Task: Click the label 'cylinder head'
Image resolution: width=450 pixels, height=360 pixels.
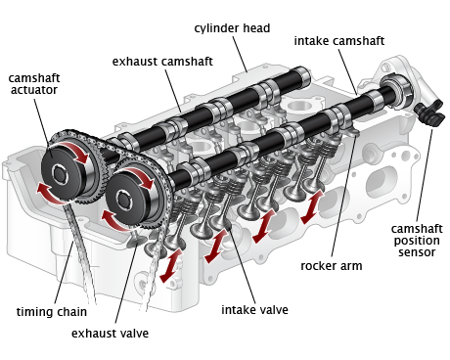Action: (x=232, y=28)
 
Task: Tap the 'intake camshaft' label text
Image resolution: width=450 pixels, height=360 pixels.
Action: (x=339, y=41)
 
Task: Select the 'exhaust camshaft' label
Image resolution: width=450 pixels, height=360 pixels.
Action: (x=162, y=62)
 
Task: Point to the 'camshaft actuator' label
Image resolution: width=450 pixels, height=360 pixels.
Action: (x=34, y=84)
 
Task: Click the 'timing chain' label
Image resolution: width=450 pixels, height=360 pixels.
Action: (x=52, y=312)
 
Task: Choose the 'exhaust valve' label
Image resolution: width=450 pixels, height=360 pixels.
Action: (x=110, y=334)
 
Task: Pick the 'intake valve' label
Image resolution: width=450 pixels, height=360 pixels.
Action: (x=254, y=310)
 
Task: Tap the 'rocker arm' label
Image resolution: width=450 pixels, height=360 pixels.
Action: (x=332, y=266)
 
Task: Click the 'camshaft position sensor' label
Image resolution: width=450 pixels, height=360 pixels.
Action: (x=417, y=241)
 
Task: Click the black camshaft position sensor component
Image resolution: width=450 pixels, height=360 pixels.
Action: (x=429, y=113)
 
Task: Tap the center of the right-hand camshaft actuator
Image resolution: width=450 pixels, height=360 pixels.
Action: (x=124, y=199)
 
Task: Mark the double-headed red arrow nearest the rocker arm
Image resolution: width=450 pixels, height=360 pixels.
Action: (x=312, y=206)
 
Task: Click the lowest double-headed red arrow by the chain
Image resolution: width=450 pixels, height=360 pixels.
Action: (x=171, y=265)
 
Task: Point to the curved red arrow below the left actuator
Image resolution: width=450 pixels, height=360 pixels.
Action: (x=49, y=195)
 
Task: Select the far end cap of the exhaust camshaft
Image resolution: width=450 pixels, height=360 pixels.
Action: (x=303, y=77)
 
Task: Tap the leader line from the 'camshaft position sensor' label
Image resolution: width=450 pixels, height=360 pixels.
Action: (x=425, y=176)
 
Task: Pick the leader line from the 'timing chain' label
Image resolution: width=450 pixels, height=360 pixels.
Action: (x=64, y=272)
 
